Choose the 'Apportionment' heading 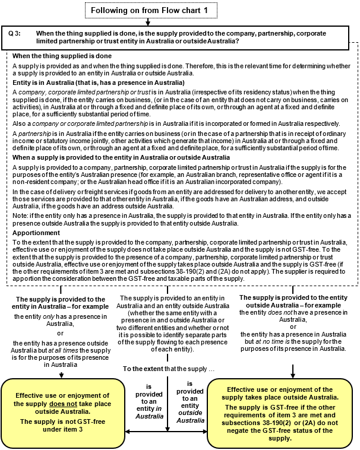(x=37, y=233)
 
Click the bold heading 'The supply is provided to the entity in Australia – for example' (x=60, y=302)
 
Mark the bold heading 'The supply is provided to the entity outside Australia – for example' (x=293, y=300)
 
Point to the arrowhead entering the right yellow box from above (x=293, y=375)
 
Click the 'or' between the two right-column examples (x=293, y=327)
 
